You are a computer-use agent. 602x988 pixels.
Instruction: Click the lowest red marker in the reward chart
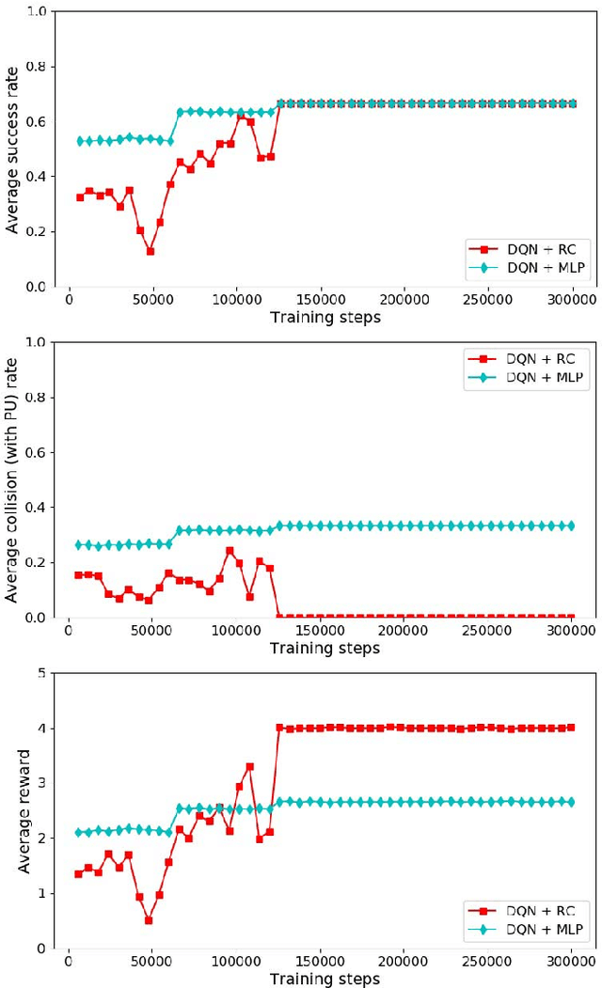[149, 920]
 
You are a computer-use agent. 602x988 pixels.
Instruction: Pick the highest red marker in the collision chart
[230, 551]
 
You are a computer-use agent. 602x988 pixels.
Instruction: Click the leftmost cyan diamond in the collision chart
[79, 545]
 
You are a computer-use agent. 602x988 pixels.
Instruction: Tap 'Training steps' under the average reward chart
[325, 979]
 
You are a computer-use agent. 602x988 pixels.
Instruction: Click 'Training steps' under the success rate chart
[325, 317]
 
